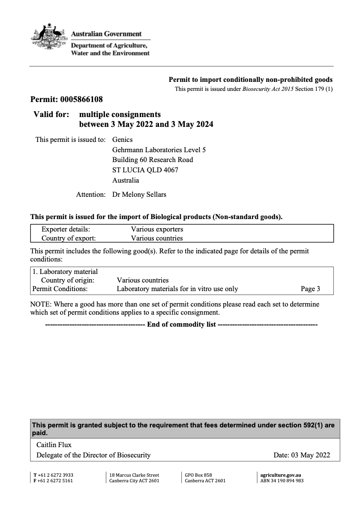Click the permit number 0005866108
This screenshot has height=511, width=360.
[81, 100]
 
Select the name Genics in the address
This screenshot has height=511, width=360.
[122, 139]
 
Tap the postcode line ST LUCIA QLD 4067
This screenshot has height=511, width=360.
[145, 170]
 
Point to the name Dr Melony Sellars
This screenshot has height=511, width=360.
[139, 195]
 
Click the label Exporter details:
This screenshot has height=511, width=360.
[66, 229]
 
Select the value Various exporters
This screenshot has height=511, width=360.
[157, 229]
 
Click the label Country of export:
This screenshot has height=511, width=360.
[69, 238]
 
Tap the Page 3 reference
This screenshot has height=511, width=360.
[310, 289]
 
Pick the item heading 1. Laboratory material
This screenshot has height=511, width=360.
[65, 272]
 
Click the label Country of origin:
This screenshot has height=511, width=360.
[68, 280]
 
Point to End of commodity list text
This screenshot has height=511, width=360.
[181, 325]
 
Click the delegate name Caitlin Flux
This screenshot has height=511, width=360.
[54, 445]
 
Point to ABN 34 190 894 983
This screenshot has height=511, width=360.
[282, 481]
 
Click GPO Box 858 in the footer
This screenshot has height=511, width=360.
[198, 475]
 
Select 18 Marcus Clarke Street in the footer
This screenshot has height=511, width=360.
[134, 475]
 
